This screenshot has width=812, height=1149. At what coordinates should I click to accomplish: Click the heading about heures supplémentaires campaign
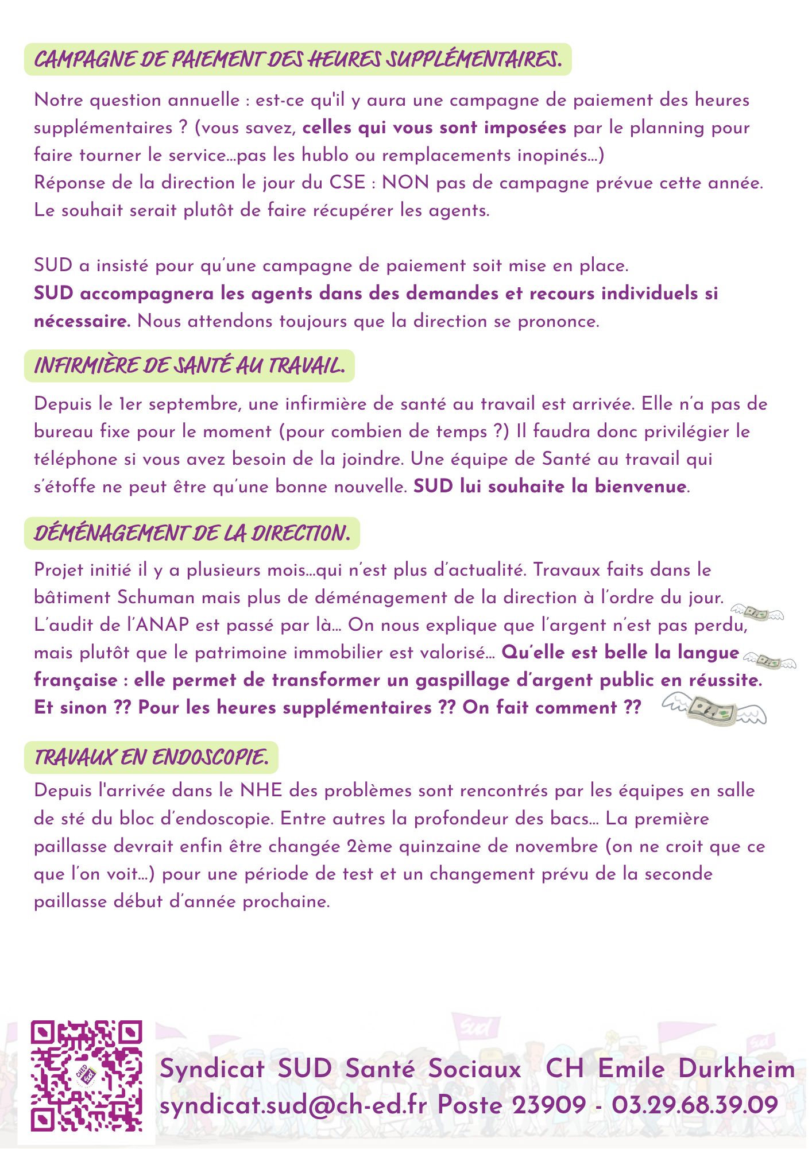[297, 59]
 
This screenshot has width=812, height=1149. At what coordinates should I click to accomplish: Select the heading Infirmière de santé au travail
[190, 365]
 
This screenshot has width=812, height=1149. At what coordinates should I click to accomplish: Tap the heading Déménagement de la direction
[192, 533]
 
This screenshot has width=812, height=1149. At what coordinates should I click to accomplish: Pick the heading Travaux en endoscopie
[151, 757]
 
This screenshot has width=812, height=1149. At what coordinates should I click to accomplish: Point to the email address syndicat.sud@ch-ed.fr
[293, 1105]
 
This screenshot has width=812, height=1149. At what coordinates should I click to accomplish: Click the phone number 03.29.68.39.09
[695, 1105]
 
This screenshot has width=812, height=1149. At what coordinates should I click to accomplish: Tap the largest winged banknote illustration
[714, 710]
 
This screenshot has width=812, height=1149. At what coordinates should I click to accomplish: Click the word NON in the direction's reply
[405, 183]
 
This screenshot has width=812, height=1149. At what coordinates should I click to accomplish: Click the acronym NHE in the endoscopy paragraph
[261, 791]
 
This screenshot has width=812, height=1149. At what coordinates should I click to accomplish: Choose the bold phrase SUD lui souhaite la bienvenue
[550, 487]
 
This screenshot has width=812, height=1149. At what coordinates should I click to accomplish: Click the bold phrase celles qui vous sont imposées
[434, 128]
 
